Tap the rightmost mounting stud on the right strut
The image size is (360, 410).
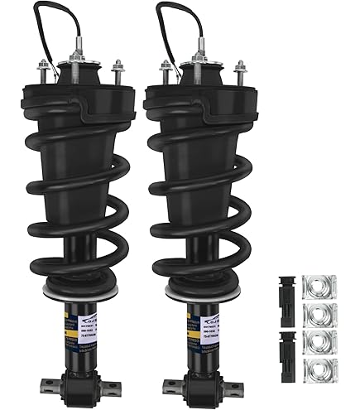241,71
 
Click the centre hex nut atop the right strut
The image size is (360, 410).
199,60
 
